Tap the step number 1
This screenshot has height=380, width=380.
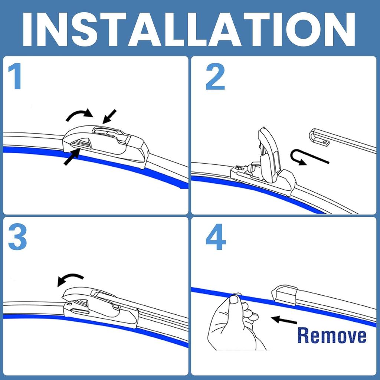pyautogui.click(x=15, y=77)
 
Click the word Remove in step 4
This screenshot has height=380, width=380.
pyautogui.click(x=331, y=335)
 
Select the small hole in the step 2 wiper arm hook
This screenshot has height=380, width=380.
pyautogui.click(x=325, y=142)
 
